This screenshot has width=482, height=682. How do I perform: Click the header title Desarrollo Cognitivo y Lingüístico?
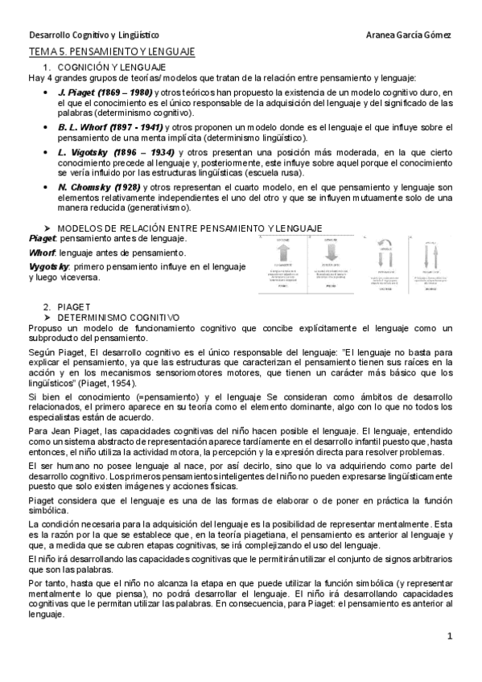94,35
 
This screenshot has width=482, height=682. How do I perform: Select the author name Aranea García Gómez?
408,35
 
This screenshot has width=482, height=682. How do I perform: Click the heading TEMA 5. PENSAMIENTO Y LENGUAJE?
111,51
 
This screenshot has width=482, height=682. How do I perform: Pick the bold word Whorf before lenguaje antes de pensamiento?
41,253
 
